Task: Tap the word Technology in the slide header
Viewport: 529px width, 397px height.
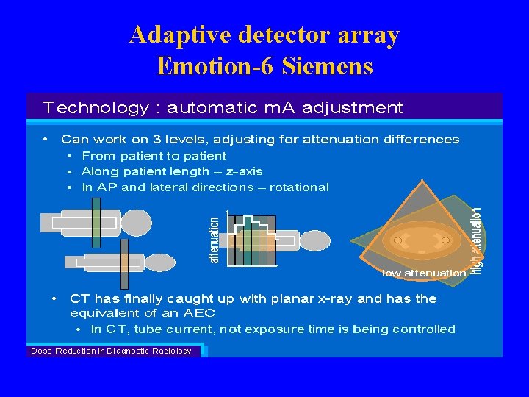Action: [96, 108]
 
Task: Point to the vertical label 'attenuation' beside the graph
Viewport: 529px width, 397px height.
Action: [215, 240]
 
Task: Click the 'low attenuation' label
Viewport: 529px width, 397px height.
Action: [424, 273]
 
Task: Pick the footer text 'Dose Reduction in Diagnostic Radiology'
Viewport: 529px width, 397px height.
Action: [111, 351]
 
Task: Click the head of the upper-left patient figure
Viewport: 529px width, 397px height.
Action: [135, 222]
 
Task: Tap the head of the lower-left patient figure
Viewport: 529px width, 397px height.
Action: [159, 262]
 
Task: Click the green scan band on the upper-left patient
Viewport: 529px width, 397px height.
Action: [96, 223]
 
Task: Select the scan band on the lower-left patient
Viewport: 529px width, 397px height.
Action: [124, 262]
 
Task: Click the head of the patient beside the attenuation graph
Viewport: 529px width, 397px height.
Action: [316, 240]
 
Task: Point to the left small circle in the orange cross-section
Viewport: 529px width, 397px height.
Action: [397, 240]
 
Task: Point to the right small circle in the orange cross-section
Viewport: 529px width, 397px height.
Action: [445, 240]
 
